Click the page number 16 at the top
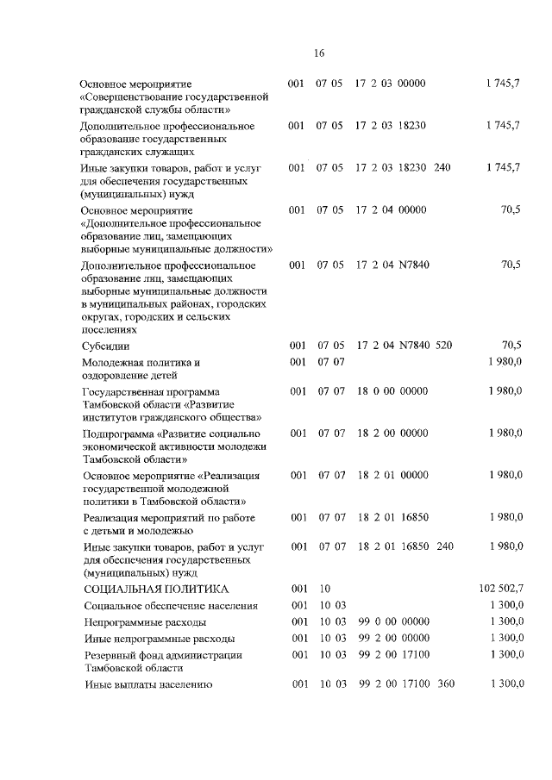point(318,53)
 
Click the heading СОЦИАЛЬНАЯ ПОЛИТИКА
point(156,589)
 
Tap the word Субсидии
point(106,346)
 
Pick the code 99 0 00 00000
point(392,621)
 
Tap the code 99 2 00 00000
point(392,638)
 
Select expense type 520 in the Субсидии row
point(443,346)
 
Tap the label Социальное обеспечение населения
point(171,606)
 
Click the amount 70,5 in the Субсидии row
point(511,346)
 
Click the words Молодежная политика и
point(141,363)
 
